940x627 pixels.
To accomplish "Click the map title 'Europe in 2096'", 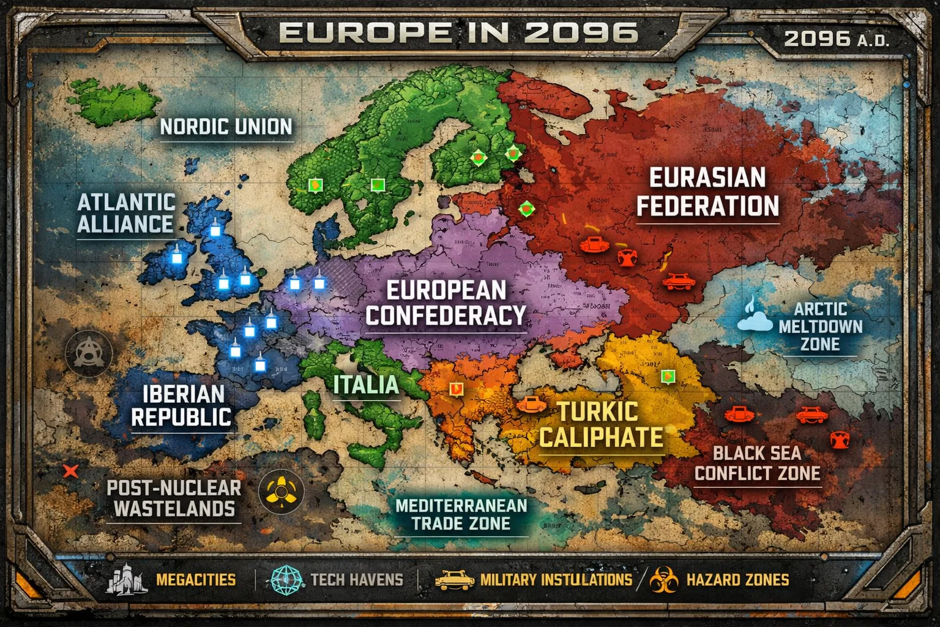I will tap(458, 32).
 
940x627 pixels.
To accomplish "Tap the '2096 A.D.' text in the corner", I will tap(836, 39).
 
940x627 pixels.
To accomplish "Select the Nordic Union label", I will tap(226, 127).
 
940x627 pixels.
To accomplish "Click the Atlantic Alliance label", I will tap(126, 213).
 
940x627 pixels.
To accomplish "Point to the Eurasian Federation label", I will tap(707, 192).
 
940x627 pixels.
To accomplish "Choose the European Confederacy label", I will tap(446, 302).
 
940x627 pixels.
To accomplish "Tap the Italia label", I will tap(366, 385).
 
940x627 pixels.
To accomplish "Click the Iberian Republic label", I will tap(182, 405).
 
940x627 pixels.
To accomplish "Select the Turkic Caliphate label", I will tap(601, 424).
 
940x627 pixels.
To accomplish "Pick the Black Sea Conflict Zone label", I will tap(757, 464).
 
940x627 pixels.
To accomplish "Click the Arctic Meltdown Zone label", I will tap(820, 326).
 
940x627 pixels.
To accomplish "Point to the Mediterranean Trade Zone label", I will tap(461, 514).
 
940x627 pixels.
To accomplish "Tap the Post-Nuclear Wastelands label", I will tap(174, 498).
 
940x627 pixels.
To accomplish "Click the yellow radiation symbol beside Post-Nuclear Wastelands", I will tap(281, 491).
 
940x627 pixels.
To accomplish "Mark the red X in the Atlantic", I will tap(71, 471).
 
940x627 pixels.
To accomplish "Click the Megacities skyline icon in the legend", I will tap(127, 579).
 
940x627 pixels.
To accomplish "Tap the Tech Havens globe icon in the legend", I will tap(287, 579).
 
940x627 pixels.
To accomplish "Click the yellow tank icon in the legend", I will tap(454, 579).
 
